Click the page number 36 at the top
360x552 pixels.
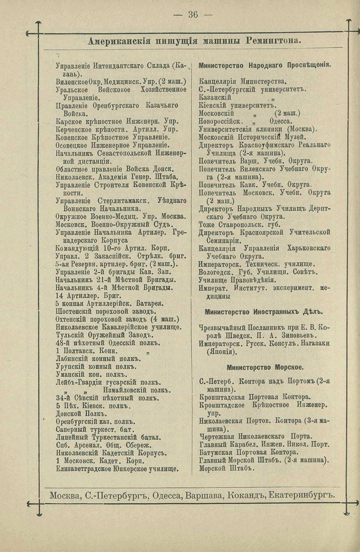tap(193, 14)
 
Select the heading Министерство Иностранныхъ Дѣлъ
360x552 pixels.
tap(263, 311)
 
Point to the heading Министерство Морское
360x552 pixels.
tap(265, 367)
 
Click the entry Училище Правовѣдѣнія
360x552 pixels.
tap(237, 280)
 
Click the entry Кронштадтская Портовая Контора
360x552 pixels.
tap(254, 397)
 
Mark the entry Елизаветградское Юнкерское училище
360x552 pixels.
tap(117, 469)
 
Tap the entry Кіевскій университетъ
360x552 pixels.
tap(237, 105)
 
